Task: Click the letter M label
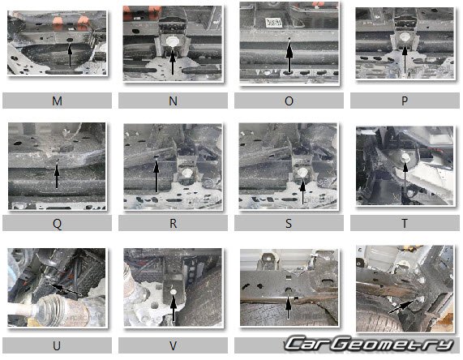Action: (x=57, y=101)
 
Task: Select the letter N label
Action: (x=173, y=101)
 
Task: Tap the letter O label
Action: (x=289, y=101)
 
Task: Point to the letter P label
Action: (x=405, y=101)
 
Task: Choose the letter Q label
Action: (x=57, y=224)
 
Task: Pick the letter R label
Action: (x=173, y=223)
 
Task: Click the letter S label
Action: (x=289, y=223)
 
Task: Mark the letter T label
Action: (x=405, y=223)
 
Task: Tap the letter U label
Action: (x=57, y=345)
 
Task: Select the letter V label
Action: (x=173, y=345)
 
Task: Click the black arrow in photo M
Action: (x=70, y=54)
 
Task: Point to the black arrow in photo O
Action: (x=289, y=56)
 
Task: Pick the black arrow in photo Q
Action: (x=57, y=176)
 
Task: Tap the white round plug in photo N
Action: (x=171, y=41)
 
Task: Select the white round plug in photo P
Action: (x=405, y=37)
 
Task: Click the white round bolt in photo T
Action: (x=405, y=157)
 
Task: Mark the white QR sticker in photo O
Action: (x=274, y=23)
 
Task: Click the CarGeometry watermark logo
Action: (x=369, y=344)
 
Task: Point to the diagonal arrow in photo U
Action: (x=66, y=289)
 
